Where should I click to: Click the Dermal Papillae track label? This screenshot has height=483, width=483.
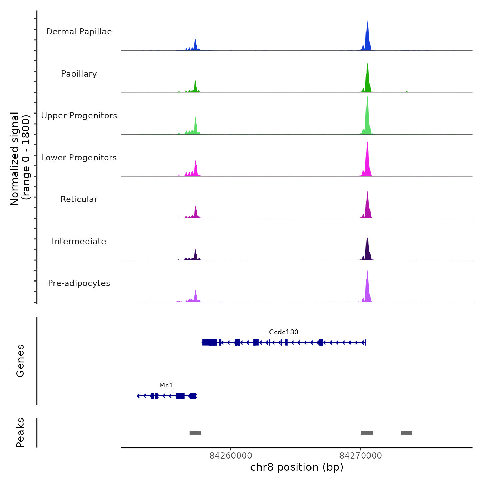[79, 32]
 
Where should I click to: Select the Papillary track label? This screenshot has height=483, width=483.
[79, 74]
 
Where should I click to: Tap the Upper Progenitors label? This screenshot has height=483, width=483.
[79, 116]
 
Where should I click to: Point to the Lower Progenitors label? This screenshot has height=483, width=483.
[79, 158]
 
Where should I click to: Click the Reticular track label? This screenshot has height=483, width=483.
[79, 199]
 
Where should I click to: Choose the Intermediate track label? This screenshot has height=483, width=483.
[79, 241]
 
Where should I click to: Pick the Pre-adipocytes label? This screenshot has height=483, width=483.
[79, 283]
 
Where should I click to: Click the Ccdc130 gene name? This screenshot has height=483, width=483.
[284, 332]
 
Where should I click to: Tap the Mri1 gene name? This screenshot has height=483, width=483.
[167, 385]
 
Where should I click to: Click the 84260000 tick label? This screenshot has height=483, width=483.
[231, 455]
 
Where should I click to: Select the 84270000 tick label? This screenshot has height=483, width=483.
[361, 455]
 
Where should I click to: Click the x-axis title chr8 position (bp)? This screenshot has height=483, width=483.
[297, 467]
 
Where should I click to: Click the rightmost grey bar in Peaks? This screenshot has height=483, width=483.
[406, 433]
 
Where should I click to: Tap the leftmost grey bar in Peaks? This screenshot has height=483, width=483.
[195, 433]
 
